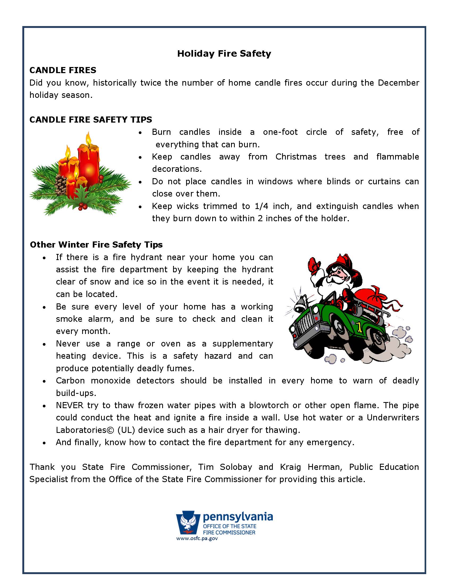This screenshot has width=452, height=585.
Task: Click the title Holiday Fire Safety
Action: pos(224,53)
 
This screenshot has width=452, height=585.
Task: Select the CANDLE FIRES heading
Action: pos(63,70)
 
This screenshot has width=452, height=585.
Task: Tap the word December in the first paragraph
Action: pos(399,83)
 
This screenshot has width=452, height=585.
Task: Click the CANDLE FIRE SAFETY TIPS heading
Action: pos(90,119)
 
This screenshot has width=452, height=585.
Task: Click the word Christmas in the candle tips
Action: pos(296,156)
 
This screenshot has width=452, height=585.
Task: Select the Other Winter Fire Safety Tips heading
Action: pos(96,245)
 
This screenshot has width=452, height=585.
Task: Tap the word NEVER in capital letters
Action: pos(70,405)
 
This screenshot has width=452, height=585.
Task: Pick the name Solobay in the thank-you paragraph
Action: pos(236,467)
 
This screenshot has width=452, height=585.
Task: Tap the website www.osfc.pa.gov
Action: pos(197,538)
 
